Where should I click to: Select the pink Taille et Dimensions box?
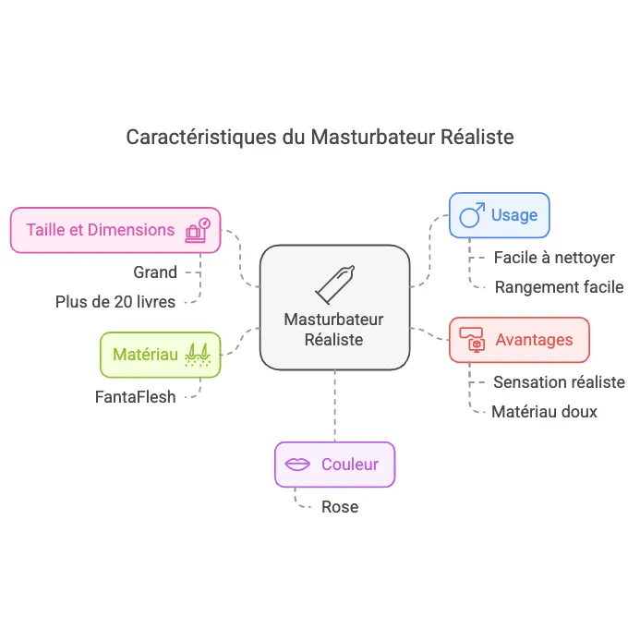(x=115, y=230)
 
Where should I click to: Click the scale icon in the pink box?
(x=198, y=230)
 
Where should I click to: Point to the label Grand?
(x=154, y=272)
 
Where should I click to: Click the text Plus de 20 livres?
(x=115, y=301)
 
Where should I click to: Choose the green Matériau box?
(x=160, y=355)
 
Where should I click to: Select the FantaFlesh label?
(x=135, y=398)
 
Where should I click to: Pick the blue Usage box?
(x=499, y=215)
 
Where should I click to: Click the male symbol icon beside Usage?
(x=472, y=216)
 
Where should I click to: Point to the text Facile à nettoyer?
(x=554, y=258)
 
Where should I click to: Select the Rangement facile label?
(x=559, y=287)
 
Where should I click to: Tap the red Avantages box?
(x=518, y=340)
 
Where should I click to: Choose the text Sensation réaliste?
(x=559, y=382)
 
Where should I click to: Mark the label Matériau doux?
(x=544, y=412)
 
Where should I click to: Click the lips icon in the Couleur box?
(x=297, y=465)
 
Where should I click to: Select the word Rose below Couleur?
(x=339, y=507)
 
